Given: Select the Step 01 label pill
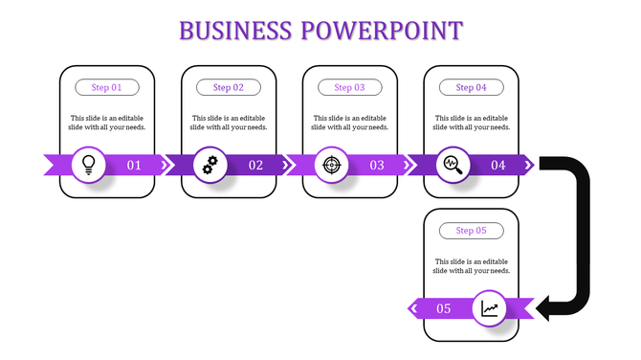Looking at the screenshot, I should click(x=107, y=87).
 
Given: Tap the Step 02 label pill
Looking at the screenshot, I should click(x=229, y=87).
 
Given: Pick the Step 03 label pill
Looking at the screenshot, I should click(x=350, y=87).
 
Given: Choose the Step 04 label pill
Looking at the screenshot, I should click(x=472, y=87).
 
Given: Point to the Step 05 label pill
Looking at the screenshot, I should click(x=472, y=231).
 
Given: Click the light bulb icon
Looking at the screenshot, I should click(x=89, y=165).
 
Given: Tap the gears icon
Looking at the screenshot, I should click(x=210, y=165).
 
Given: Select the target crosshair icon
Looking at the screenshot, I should click(x=332, y=165).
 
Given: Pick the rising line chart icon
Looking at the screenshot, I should click(x=490, y=308).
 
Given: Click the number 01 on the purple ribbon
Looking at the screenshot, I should click(x=134, y=166).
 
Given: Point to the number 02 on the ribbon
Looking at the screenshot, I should click(x=255, y=166).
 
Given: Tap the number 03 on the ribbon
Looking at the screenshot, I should click(x=377, y=166).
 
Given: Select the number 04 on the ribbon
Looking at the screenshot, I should click(x=498, y=166).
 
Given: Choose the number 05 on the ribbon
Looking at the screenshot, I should click(x=444, y=308).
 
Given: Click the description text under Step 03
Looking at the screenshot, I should click(x=350, y=123).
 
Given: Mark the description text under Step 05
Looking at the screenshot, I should click(x=472, y=266).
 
